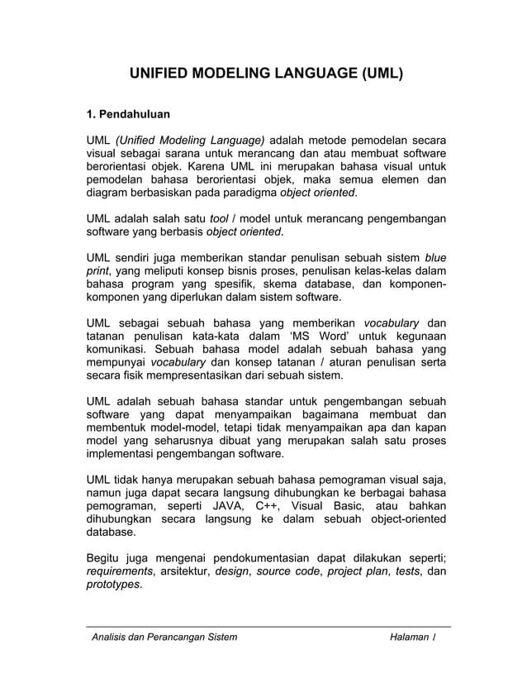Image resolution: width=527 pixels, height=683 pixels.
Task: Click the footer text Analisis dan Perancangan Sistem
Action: coord(164,637)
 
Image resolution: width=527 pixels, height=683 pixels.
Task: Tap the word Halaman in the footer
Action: coord(410,637)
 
